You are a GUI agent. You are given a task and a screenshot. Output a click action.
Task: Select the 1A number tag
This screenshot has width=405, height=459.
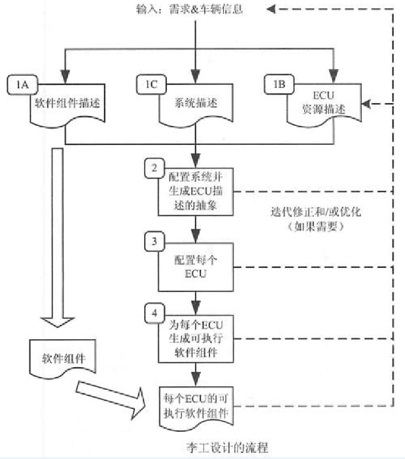pos(20,83)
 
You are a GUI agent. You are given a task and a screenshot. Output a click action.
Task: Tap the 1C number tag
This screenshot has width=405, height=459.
pos(149,83)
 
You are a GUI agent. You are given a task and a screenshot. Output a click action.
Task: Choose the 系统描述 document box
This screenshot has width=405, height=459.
pos(196,107)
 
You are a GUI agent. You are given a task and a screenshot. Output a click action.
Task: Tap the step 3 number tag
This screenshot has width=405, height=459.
pos(154,241)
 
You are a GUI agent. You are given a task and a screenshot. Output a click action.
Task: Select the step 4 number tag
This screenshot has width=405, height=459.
pos(154,312)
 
